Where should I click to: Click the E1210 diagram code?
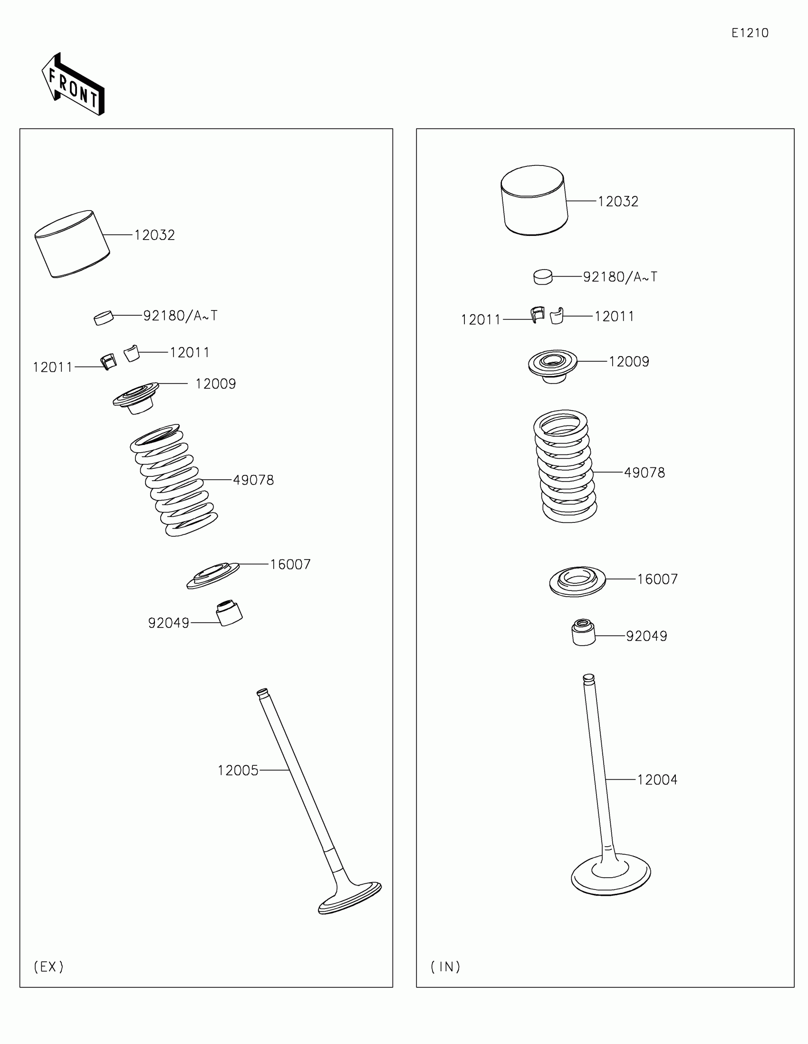750,33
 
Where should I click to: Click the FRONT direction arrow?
73,85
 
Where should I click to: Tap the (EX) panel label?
49,967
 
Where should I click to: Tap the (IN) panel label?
445,967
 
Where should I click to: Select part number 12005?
238,770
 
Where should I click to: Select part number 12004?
657,780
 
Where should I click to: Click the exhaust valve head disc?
350,899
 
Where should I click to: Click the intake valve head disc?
611,874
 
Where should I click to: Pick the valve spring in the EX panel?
174,480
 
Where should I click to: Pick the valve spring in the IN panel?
565,465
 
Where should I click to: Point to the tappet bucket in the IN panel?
534,200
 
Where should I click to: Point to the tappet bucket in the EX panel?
72,244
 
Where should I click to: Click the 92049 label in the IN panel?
646,636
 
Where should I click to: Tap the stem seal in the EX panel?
230,613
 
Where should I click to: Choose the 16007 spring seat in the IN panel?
577,581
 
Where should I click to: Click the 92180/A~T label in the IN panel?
620,277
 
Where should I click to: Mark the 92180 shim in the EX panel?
104,318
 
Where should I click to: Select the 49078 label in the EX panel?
253,480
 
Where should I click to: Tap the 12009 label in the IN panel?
629,361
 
